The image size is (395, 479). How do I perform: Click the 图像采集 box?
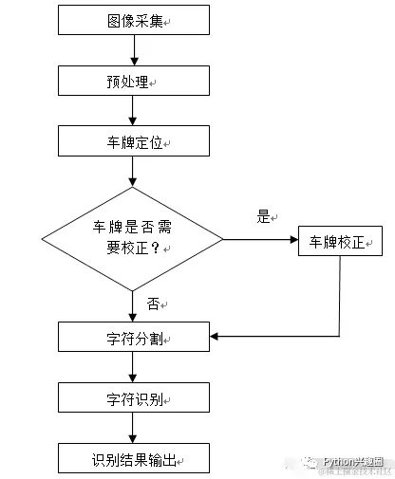(133, 19)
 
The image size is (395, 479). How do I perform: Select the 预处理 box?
(133, 82)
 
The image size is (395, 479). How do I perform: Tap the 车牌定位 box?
(133, 143)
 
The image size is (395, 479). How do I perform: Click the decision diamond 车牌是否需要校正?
(132, 238)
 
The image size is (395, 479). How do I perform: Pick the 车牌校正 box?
(339, 241)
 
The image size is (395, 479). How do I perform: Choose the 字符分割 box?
(133, 336)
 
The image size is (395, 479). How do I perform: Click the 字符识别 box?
(133, 397)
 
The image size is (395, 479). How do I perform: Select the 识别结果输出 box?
(133, 459)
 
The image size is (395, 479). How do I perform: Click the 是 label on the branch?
(263, 217)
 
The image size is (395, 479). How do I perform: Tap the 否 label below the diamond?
(153, 304)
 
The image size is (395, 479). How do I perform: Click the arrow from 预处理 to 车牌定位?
(133, 112)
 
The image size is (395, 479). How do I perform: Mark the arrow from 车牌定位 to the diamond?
(133, 174)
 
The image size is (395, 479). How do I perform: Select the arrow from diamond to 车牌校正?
(261, 239)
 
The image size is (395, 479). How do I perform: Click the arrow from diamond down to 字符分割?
(133, 304)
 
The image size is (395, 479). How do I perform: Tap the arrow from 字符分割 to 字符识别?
(133, 367)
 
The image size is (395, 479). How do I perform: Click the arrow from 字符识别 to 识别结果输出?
(133, 429)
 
